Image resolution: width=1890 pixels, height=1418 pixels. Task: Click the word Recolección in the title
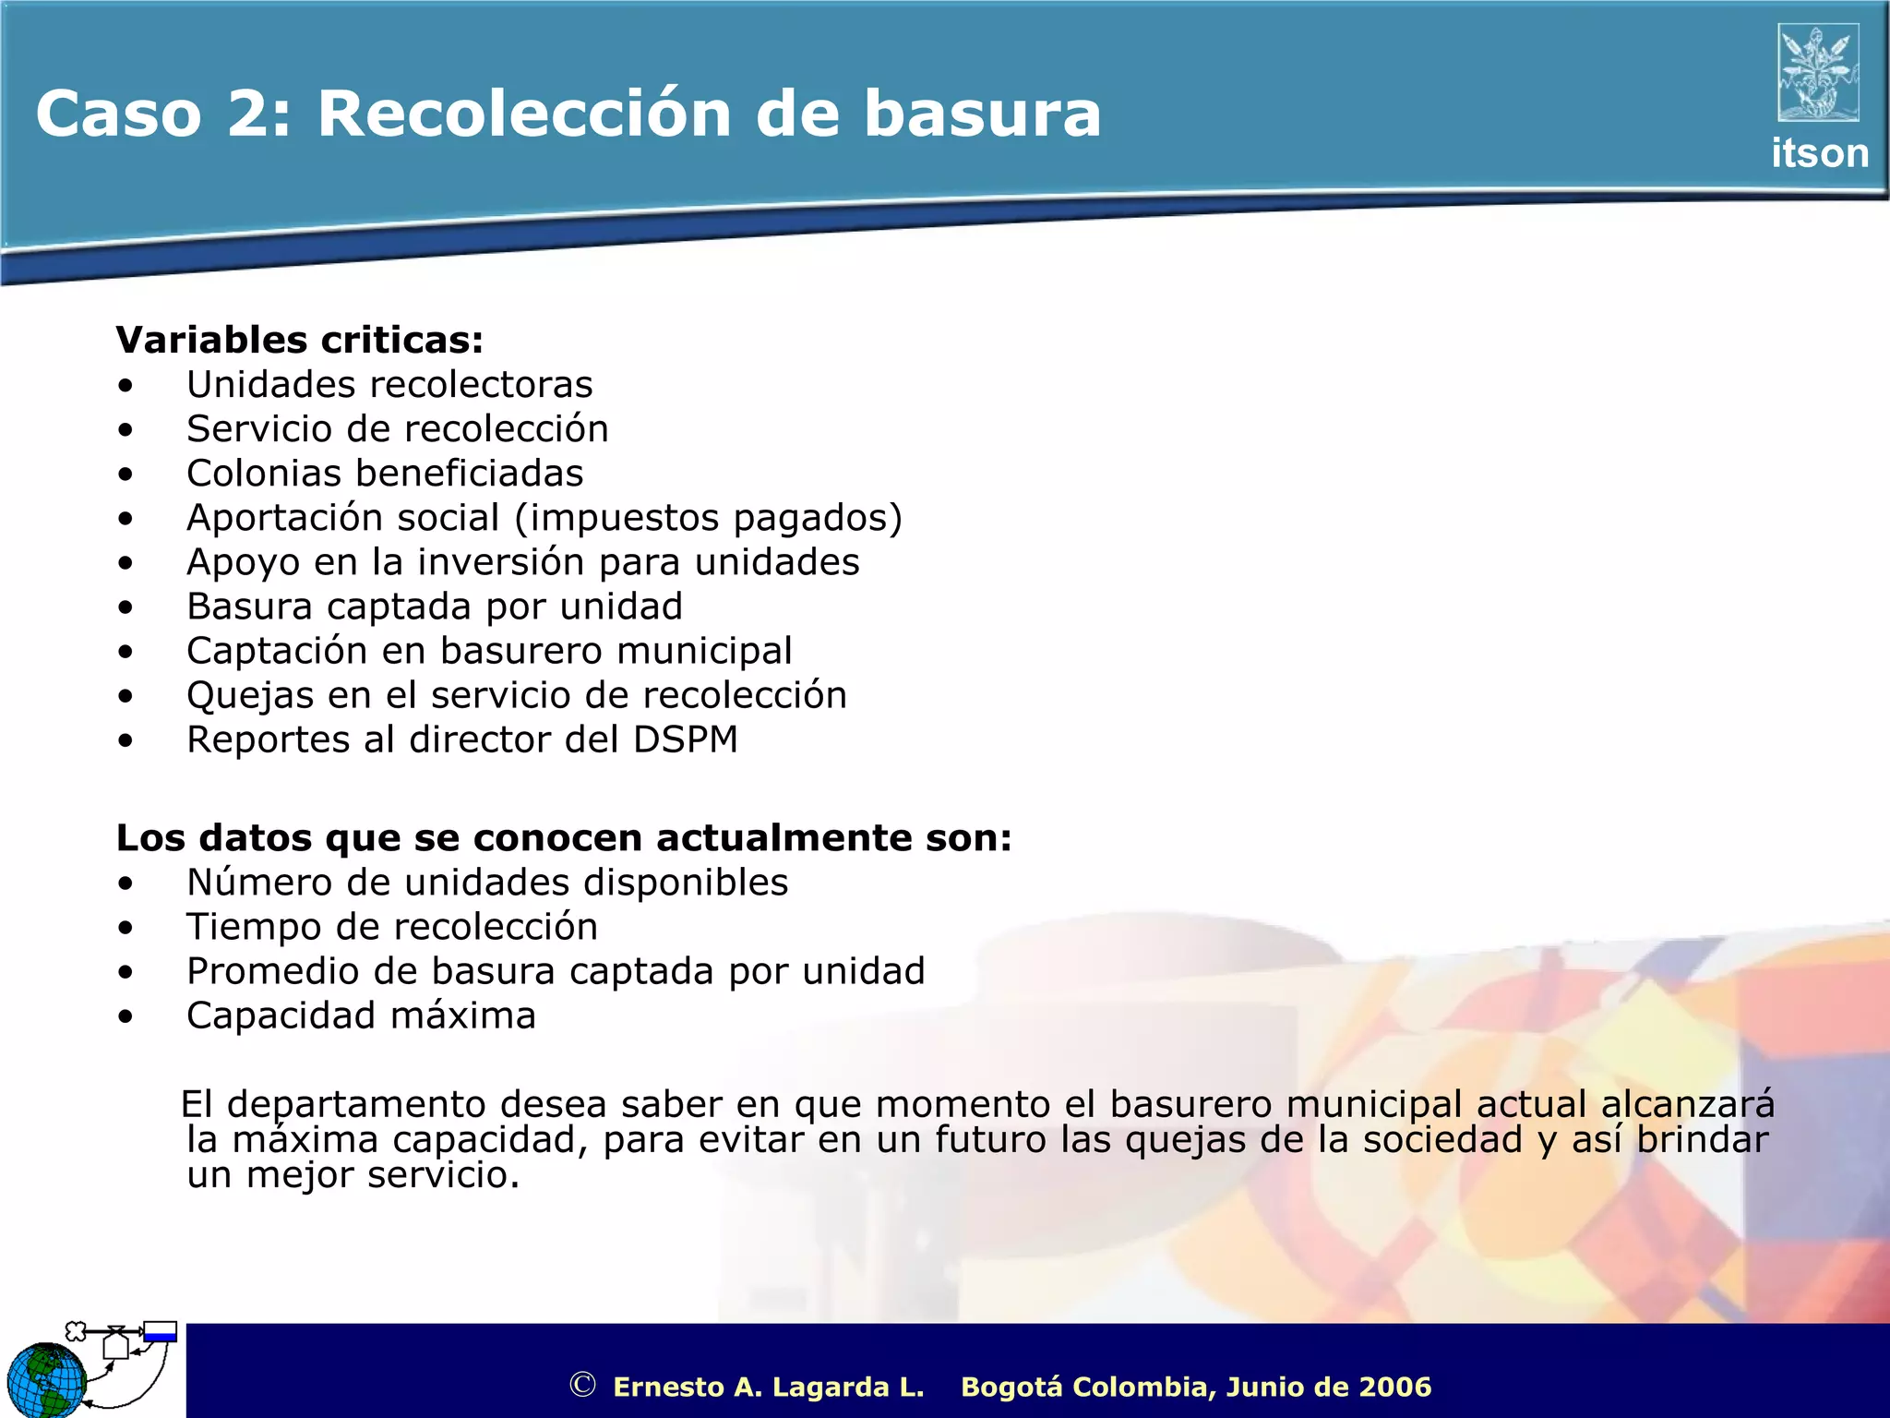(x=523, y=114)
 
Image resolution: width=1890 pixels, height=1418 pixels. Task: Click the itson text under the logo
(x=1819, y=153)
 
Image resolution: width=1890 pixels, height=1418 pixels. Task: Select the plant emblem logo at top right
(x=1818, y=73)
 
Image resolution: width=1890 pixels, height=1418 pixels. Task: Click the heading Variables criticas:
(x=300, y=340)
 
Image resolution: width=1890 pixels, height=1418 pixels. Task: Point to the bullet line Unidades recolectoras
(x=389, y=384)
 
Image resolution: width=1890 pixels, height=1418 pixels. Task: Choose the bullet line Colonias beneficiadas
(x=385, y=474)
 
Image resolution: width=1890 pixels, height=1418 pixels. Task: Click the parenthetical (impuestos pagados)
(x=709, y=518)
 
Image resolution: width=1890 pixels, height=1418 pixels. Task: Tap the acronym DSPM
(x=686, y=739)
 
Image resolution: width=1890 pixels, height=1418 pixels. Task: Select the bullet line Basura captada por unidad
(x=435, y=607)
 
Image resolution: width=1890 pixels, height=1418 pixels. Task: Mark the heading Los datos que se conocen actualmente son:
(x=564, y=838)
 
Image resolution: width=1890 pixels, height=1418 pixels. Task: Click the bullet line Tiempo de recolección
(x=392, y=927)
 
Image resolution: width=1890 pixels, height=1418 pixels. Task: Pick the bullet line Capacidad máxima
(x=361, y=1015)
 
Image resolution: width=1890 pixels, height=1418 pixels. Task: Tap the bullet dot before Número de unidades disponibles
(x=126, y=883)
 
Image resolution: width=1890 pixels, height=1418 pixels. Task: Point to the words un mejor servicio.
(x=353, y=1175)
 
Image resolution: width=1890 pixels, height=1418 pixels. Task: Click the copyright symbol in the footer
(x=582, y=1385)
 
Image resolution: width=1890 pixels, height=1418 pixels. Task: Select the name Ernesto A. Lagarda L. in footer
(x=768, y=1387)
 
